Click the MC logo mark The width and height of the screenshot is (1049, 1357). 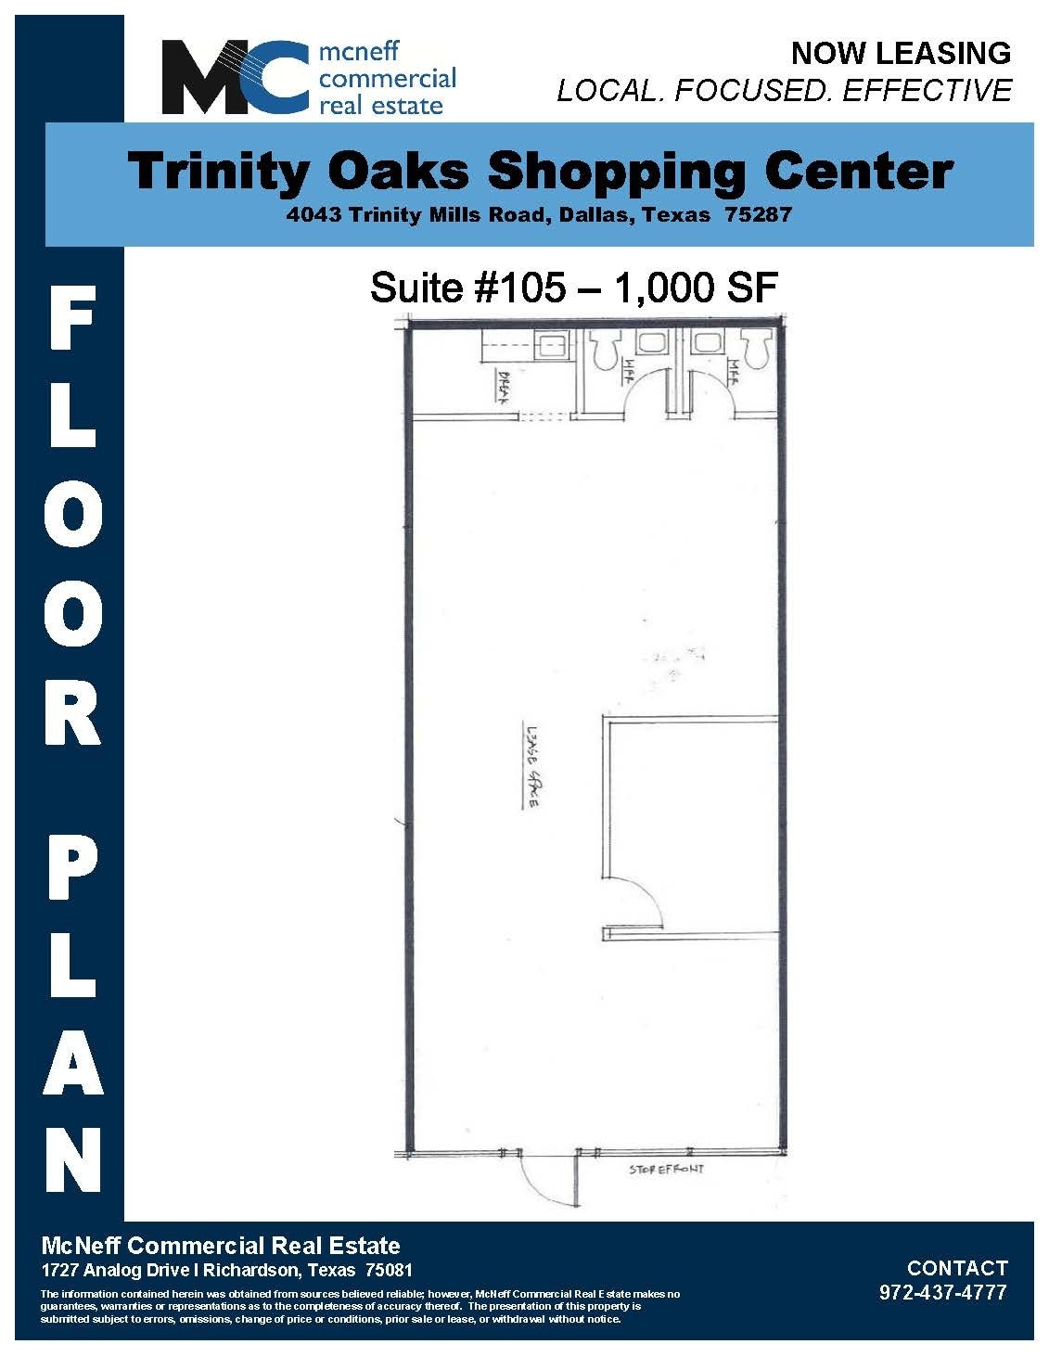tap(236, 78)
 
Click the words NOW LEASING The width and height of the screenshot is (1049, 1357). tap(900, 53)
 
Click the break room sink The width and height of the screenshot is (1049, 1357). tap(554, 347)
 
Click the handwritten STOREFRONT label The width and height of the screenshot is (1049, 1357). tap(666, 1170)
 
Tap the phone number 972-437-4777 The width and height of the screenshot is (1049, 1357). tap(942, 1293)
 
